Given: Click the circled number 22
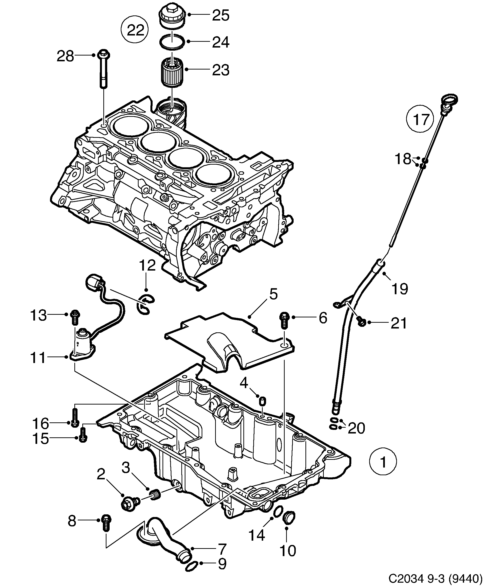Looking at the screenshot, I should pos(135,30).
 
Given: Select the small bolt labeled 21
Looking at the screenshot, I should pos(361,322).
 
